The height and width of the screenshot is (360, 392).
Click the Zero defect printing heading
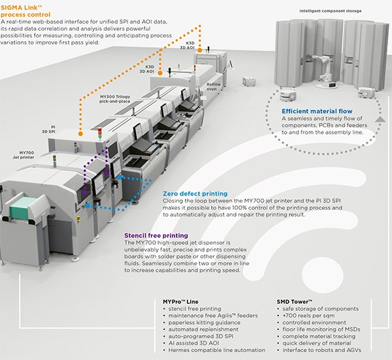(x=196, y=194)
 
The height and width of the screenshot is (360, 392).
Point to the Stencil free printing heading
(x=156, y=235)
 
